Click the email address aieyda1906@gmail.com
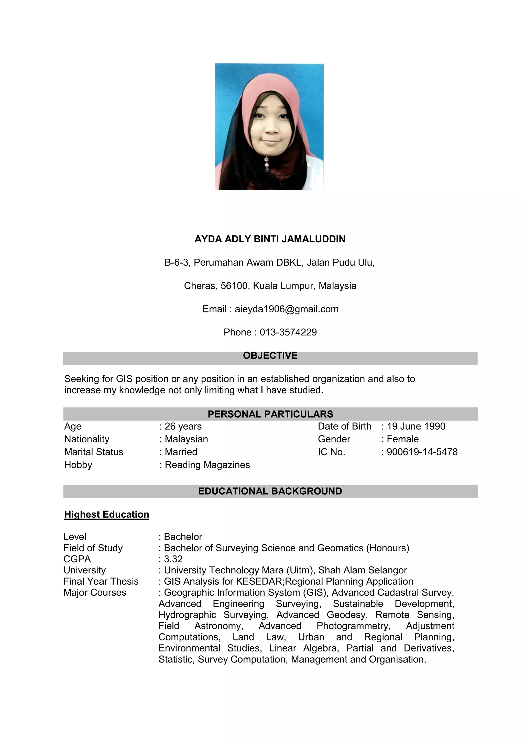[x=287, y=309]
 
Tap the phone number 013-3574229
[x=288, y=332]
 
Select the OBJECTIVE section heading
[x=270, y=355]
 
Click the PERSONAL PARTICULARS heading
[x=270, y=414]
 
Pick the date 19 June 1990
[x=416, y=426]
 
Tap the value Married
[x=181, y=452]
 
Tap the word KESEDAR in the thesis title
[x=259, y=581]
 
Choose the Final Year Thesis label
[x=101, y=581]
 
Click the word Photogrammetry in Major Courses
[x=353, y=626]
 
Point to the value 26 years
[x=183, y=426]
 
